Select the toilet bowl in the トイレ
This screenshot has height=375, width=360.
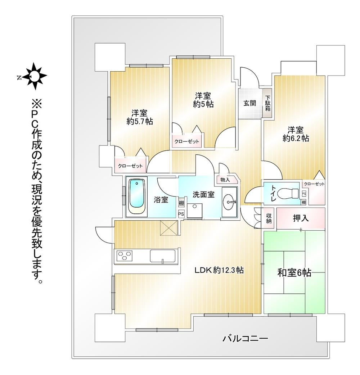click(x=289, y=193)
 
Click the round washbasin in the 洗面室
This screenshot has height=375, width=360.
click(x=229, y=202)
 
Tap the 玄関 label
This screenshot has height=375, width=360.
click(x=250, y=103)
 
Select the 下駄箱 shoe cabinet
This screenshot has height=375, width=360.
click(x=267, y=103)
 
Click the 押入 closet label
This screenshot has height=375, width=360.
click(x=301, y=218)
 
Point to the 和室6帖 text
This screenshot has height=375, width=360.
click(x=294, y=273)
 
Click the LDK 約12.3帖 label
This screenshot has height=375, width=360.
click(x=219, y=270)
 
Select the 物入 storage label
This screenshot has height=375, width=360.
click(x=225, y=180)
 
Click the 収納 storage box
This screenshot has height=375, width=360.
click(x=269, y=218)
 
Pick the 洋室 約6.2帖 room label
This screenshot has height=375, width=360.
click(x=296, y=134)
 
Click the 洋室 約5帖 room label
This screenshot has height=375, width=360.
click(x=203, y=100)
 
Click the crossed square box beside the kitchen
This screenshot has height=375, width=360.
click(x=169, y=229)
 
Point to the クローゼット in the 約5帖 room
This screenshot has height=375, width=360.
click(x=186, y=141)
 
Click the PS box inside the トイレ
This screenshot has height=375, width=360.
click(x=304, y=194)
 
